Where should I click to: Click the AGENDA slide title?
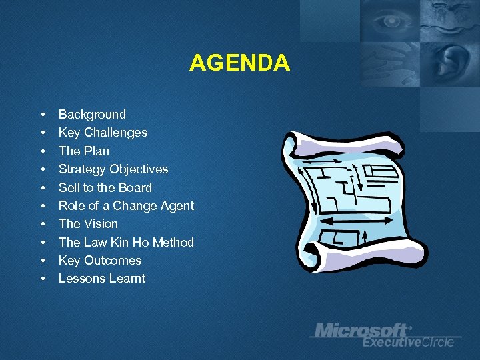[239, 63]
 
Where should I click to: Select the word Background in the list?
[92, 115]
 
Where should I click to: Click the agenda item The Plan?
[84, 151]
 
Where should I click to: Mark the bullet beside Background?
[42, 115]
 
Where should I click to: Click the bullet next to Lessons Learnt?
[42, 279]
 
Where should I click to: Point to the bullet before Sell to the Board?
[42, 187]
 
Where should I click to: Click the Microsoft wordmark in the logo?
[361, 330]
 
